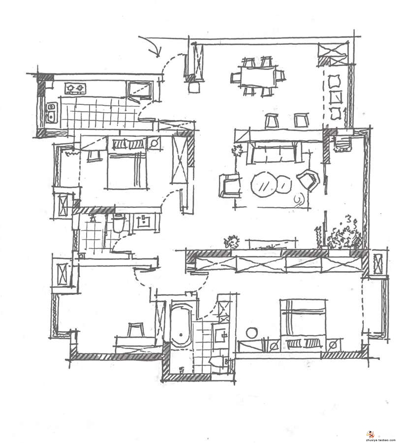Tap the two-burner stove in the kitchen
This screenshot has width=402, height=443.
coord(75,89)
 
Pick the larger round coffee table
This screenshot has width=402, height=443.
coord(264,185)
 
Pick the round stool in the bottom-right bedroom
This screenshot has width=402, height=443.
coord(253,333)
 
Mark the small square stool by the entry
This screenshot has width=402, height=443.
coord(194,87)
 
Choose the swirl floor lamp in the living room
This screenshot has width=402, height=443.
coord(298,199)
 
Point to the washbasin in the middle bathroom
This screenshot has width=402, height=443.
coord(144,221)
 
